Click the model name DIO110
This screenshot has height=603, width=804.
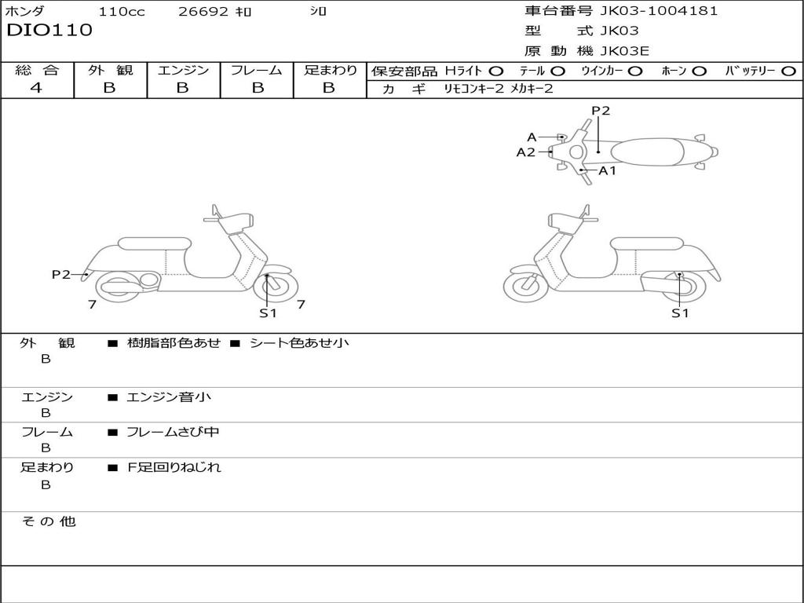pyautogui.click(x=49, y=31)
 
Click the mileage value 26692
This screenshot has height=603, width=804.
pyautogui.click(x=204, y=12)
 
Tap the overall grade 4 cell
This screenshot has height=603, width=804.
pyautogui.click(x=37, y=88)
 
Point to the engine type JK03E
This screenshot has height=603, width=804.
pyautogui.click(x=624, y=52)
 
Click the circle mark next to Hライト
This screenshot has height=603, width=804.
pyautogui.click(x=495, y=71)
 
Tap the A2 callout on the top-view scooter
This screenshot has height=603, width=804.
pyautogui.click(x=525, y=152)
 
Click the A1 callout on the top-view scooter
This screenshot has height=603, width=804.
pyautogui.click(x=608, y=170)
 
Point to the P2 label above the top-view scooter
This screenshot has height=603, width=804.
pyautogui.click(x=601, y=111)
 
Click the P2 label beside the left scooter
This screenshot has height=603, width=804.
pyautogui.click(x=61, y=274)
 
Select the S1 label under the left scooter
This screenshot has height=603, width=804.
pyautogui.click(x=268, y=313)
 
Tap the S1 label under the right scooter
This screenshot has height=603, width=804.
pyautogui.click(x=679, y=313)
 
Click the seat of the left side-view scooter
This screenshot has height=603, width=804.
pyautogui.click(x=154, y=243)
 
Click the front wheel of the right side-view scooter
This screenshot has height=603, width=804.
pyautogui.click(x=525, y=285)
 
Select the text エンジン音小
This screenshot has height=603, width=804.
pyautogui.click(x=169, y=397)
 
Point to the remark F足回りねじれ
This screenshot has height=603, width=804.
pyautogui.click(x=174, y=467)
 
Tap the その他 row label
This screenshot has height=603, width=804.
pyautogui.click(x=49, y=521)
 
